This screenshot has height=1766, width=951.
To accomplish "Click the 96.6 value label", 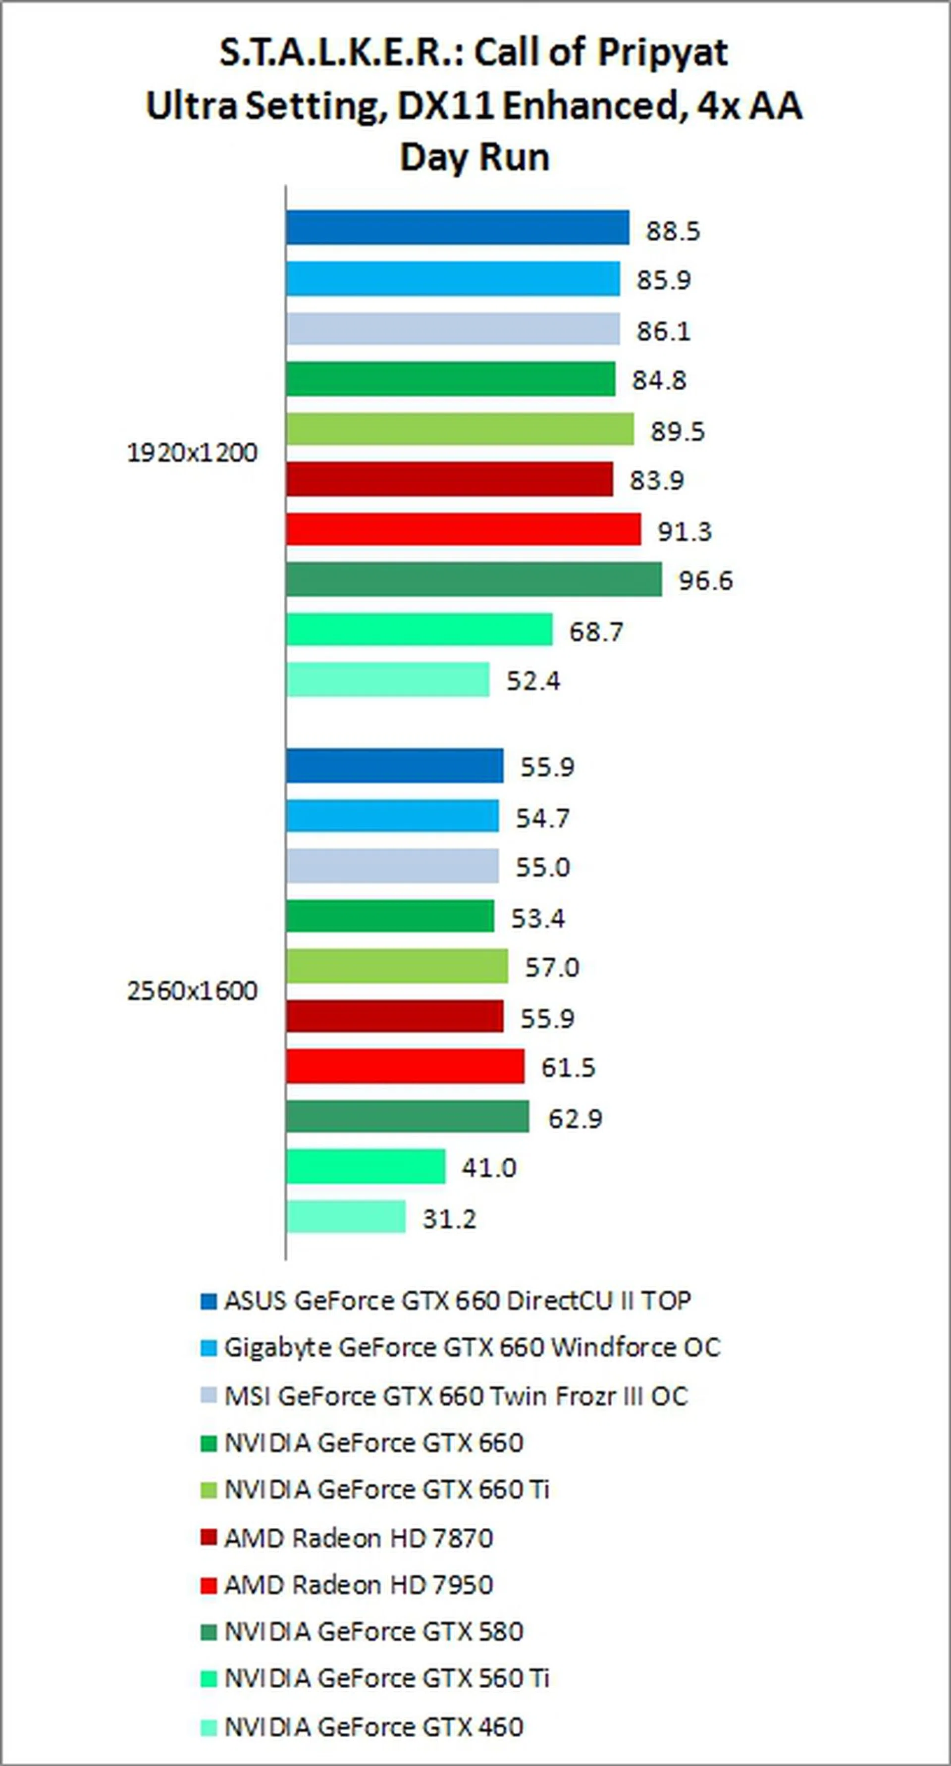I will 705,581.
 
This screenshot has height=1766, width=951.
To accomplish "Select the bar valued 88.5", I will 457,228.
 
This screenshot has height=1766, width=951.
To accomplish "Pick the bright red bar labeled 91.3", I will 464,529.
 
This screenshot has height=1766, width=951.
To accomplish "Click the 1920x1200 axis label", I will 192,453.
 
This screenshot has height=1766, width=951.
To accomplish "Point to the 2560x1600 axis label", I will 192,991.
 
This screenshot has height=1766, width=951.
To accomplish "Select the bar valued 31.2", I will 346,1217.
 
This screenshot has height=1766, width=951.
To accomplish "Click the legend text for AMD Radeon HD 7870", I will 359,1538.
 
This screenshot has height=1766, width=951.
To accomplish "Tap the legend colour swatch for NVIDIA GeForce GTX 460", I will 209,1727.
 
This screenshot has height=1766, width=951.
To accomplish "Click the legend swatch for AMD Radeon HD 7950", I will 209,1586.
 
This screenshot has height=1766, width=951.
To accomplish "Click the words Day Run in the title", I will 475,157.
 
